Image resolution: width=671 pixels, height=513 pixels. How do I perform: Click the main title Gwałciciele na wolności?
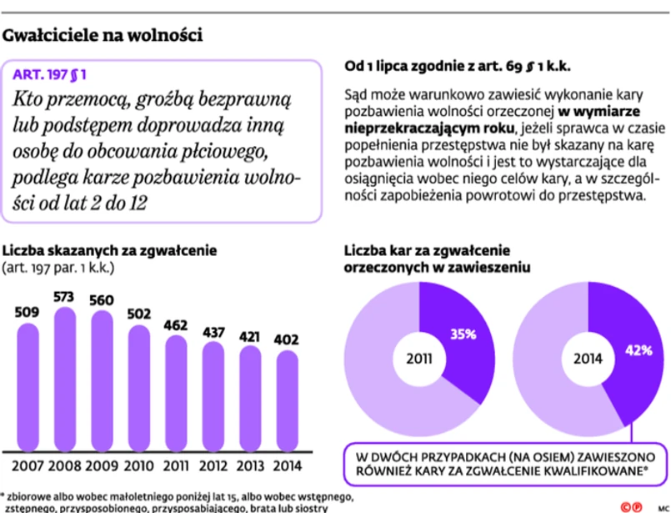(x=103, y=36)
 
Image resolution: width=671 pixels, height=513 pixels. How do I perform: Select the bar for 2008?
(x=64, y=380)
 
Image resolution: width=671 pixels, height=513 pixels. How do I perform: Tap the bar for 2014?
(x=287, y=400)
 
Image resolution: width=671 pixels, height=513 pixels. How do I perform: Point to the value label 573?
(x=64, y=296)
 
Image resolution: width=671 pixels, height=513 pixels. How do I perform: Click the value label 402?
(x=287, y=339)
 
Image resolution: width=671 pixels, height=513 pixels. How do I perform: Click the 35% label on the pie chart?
(x=463, y=334)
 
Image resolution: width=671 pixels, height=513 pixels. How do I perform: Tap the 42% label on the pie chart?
(x=638, y=350)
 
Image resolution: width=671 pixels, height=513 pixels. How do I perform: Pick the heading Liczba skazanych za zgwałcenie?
(x=110, y=249)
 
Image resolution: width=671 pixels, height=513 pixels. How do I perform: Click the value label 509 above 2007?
(x=27, y=312)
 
